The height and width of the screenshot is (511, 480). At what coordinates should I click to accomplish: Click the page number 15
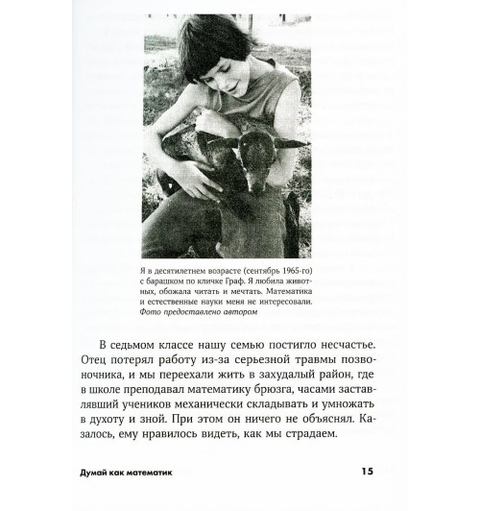tap(367, 472)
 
